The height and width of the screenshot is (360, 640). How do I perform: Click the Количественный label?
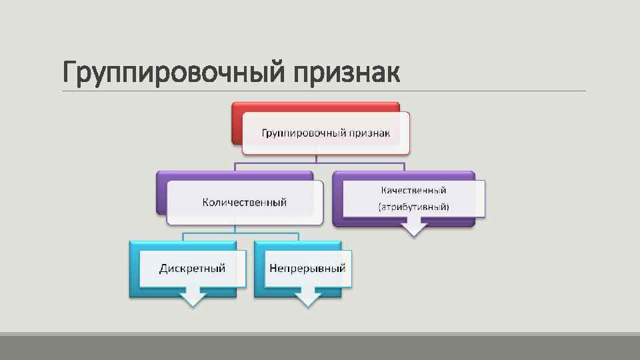(x=245, y=202)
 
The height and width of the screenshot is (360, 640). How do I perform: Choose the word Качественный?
(x=414, y=190)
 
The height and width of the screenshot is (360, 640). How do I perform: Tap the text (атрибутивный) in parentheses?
(x=414, y=207)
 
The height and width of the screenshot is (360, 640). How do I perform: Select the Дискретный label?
(x=192, y=268)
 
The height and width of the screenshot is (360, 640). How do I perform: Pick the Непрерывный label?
(x=307, y=268)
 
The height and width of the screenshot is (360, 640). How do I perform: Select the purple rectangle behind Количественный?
(x=161, y=193)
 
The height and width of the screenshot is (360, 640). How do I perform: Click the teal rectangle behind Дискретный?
(x=134, y=270)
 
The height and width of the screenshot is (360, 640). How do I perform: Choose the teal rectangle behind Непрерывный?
(x=259, y=270)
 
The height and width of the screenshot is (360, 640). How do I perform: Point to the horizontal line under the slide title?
(x=467, y=91)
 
